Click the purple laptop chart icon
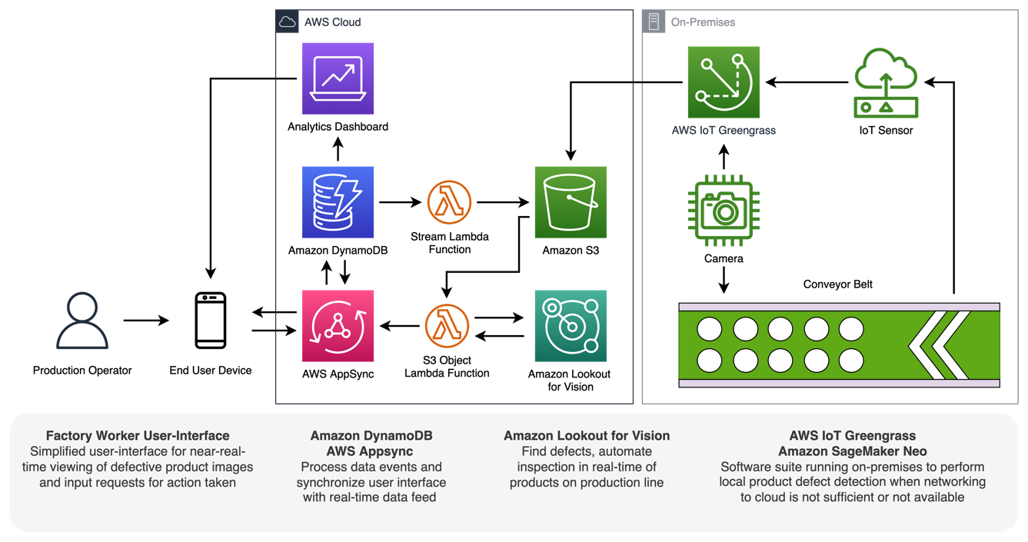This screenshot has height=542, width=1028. [338, 78]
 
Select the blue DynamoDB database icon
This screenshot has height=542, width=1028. [338, 202]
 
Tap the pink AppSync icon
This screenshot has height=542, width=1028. [338, 326]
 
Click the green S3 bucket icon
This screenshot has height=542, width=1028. [571, 202]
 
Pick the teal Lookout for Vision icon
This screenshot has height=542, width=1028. [571, 326]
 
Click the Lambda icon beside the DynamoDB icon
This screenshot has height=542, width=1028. [449, 202]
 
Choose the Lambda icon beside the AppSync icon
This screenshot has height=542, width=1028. [447, 326]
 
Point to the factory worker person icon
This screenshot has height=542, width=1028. [82, 321]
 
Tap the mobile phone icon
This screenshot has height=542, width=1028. [211, 321]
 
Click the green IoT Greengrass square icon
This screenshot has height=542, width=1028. [724, 82]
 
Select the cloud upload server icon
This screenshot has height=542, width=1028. [886, 84]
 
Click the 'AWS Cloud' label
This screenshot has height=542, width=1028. [332, 22]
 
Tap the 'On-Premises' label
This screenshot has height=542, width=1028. [703, 22]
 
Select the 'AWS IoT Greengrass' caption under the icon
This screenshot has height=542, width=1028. [724, 131]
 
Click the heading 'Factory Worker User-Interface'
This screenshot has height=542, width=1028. [138, 436]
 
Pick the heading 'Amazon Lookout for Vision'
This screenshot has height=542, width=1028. [587, 436]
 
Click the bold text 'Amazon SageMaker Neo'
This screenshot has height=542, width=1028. [852, 451]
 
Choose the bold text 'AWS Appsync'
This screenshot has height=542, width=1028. [371, 451]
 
